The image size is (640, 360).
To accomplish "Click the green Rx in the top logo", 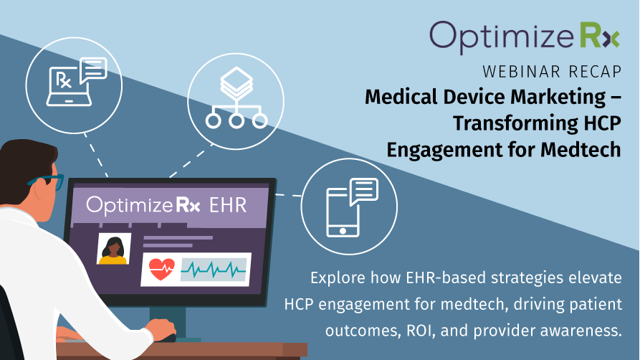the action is coord(600,36).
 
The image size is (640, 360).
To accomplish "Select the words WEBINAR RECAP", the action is coord(552,72).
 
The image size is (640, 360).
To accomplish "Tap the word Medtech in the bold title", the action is coord(581,149).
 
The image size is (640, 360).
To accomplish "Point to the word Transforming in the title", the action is coord(516,123).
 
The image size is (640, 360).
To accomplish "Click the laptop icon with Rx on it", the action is coord(69,86).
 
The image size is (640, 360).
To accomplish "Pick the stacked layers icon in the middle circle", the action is coord(237,84).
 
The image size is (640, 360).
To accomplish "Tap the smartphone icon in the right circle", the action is coord(343,212).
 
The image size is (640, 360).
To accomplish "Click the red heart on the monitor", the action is coord(161,269).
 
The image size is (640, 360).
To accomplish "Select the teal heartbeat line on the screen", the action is coord(214,270).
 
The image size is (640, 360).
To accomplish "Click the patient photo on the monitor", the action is coord(114,249).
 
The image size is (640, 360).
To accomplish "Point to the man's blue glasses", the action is coord(47,182).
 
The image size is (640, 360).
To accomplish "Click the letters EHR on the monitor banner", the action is coord(228,204).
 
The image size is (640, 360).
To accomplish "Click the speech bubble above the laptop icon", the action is coord(93,70).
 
